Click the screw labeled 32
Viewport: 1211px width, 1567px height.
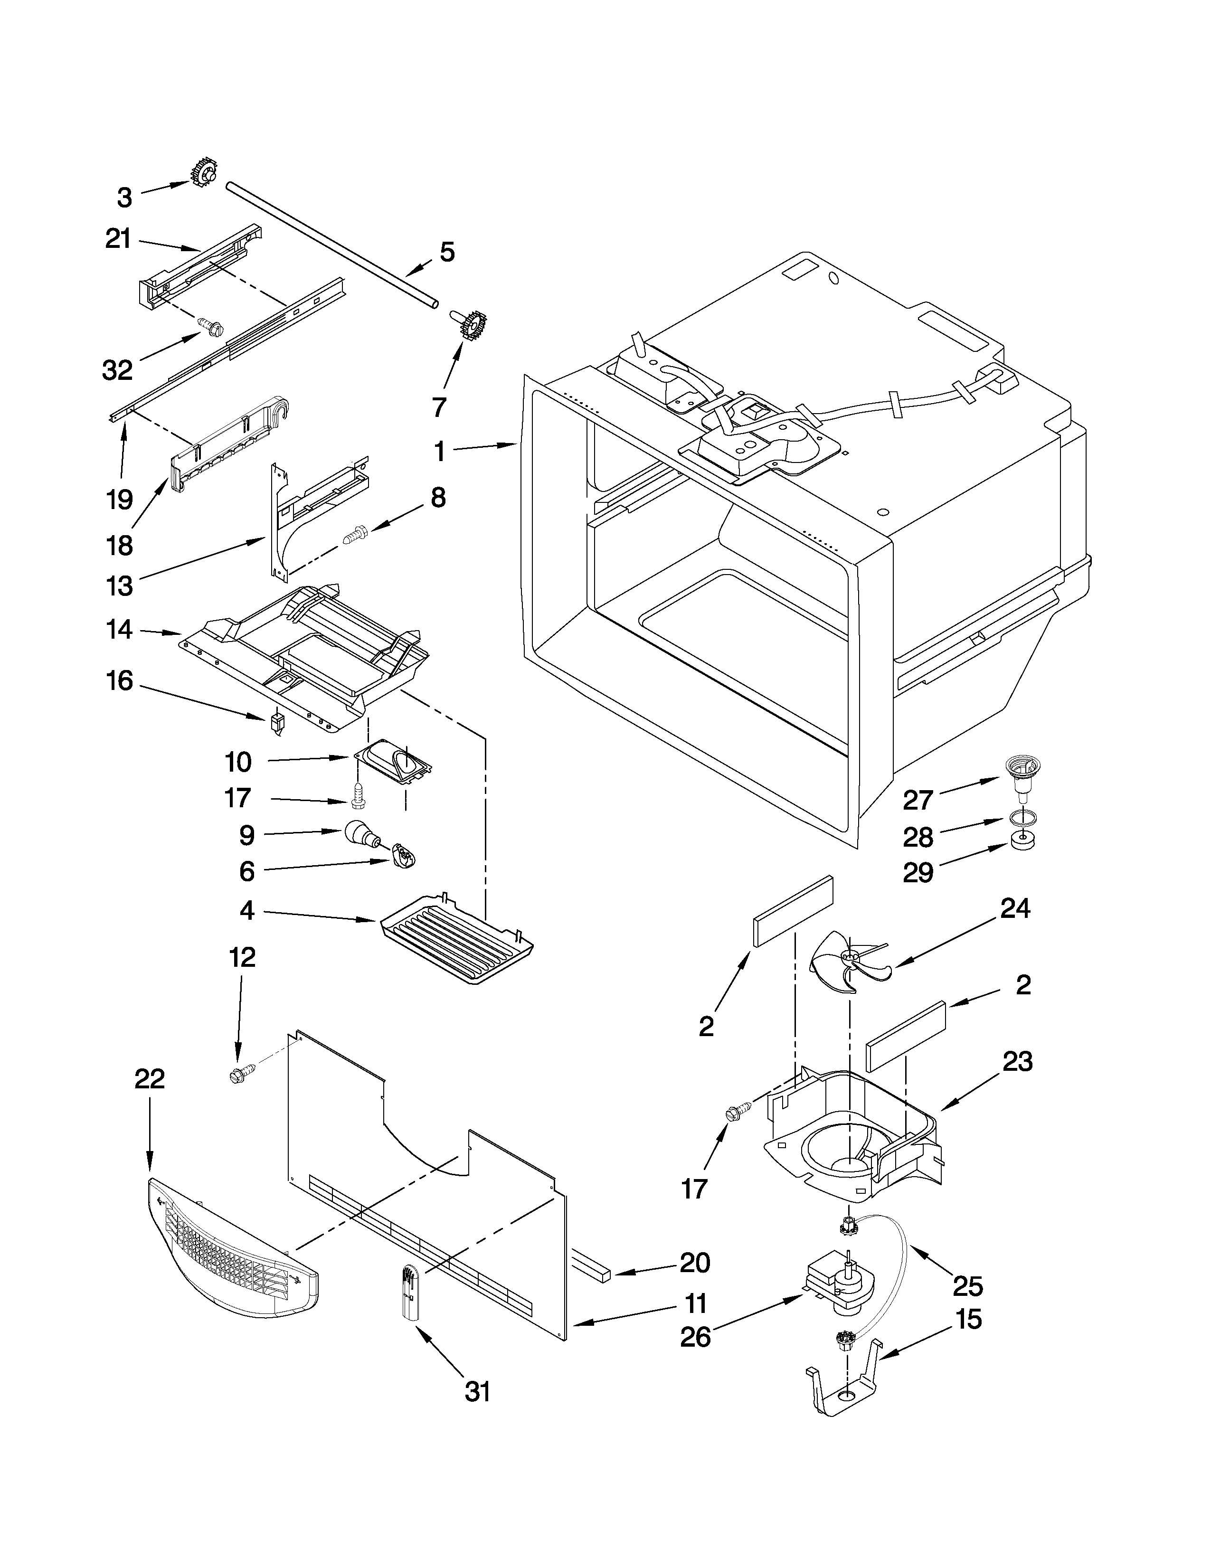(212, 329)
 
